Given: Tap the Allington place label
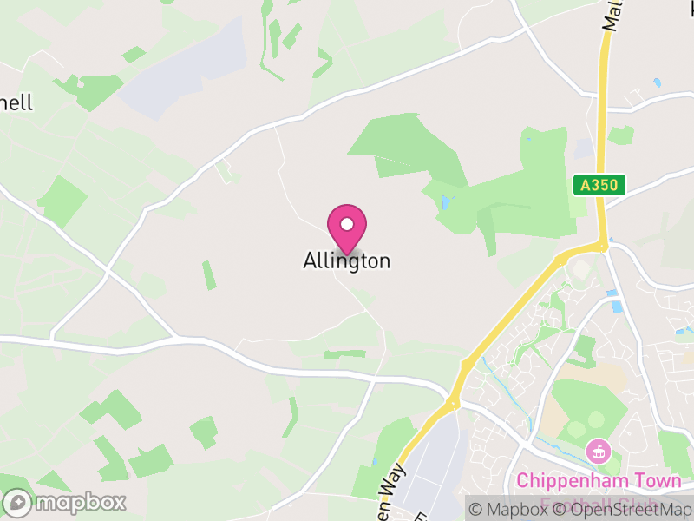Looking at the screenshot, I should [347, 260].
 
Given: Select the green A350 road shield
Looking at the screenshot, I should [599, 184].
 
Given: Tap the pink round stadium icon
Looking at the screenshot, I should [598, 452].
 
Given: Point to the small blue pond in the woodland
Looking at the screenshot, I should [446, 203].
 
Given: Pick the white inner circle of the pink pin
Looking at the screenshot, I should [347, 224].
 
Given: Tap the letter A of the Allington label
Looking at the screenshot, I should [310, 260].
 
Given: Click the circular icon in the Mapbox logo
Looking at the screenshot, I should [17, 502].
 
